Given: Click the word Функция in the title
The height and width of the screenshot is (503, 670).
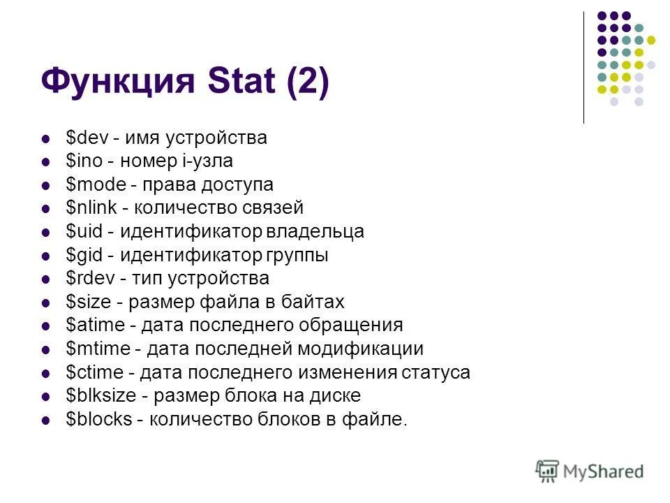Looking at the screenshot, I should (117, 82).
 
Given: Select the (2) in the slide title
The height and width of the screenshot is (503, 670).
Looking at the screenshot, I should (305, 82).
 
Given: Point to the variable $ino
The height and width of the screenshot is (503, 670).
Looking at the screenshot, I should (83, 161).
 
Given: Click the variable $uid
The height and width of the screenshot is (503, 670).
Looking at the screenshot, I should (83, 231).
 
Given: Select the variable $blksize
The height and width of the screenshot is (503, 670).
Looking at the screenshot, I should (100, 395).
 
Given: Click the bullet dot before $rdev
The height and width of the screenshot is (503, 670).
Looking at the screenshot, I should (47, 279).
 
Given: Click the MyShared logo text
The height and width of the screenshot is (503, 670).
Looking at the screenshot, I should (603, 472).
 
